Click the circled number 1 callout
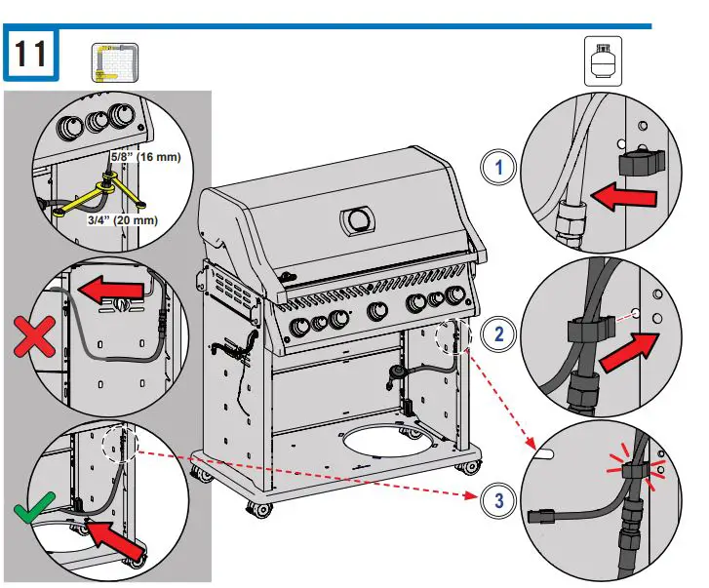(x=499, y=167)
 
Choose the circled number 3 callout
(x=499, y=501)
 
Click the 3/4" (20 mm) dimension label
(x=119, y=220)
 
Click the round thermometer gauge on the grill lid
(x=357, y=218)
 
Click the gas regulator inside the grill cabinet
(x=398, y=373)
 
